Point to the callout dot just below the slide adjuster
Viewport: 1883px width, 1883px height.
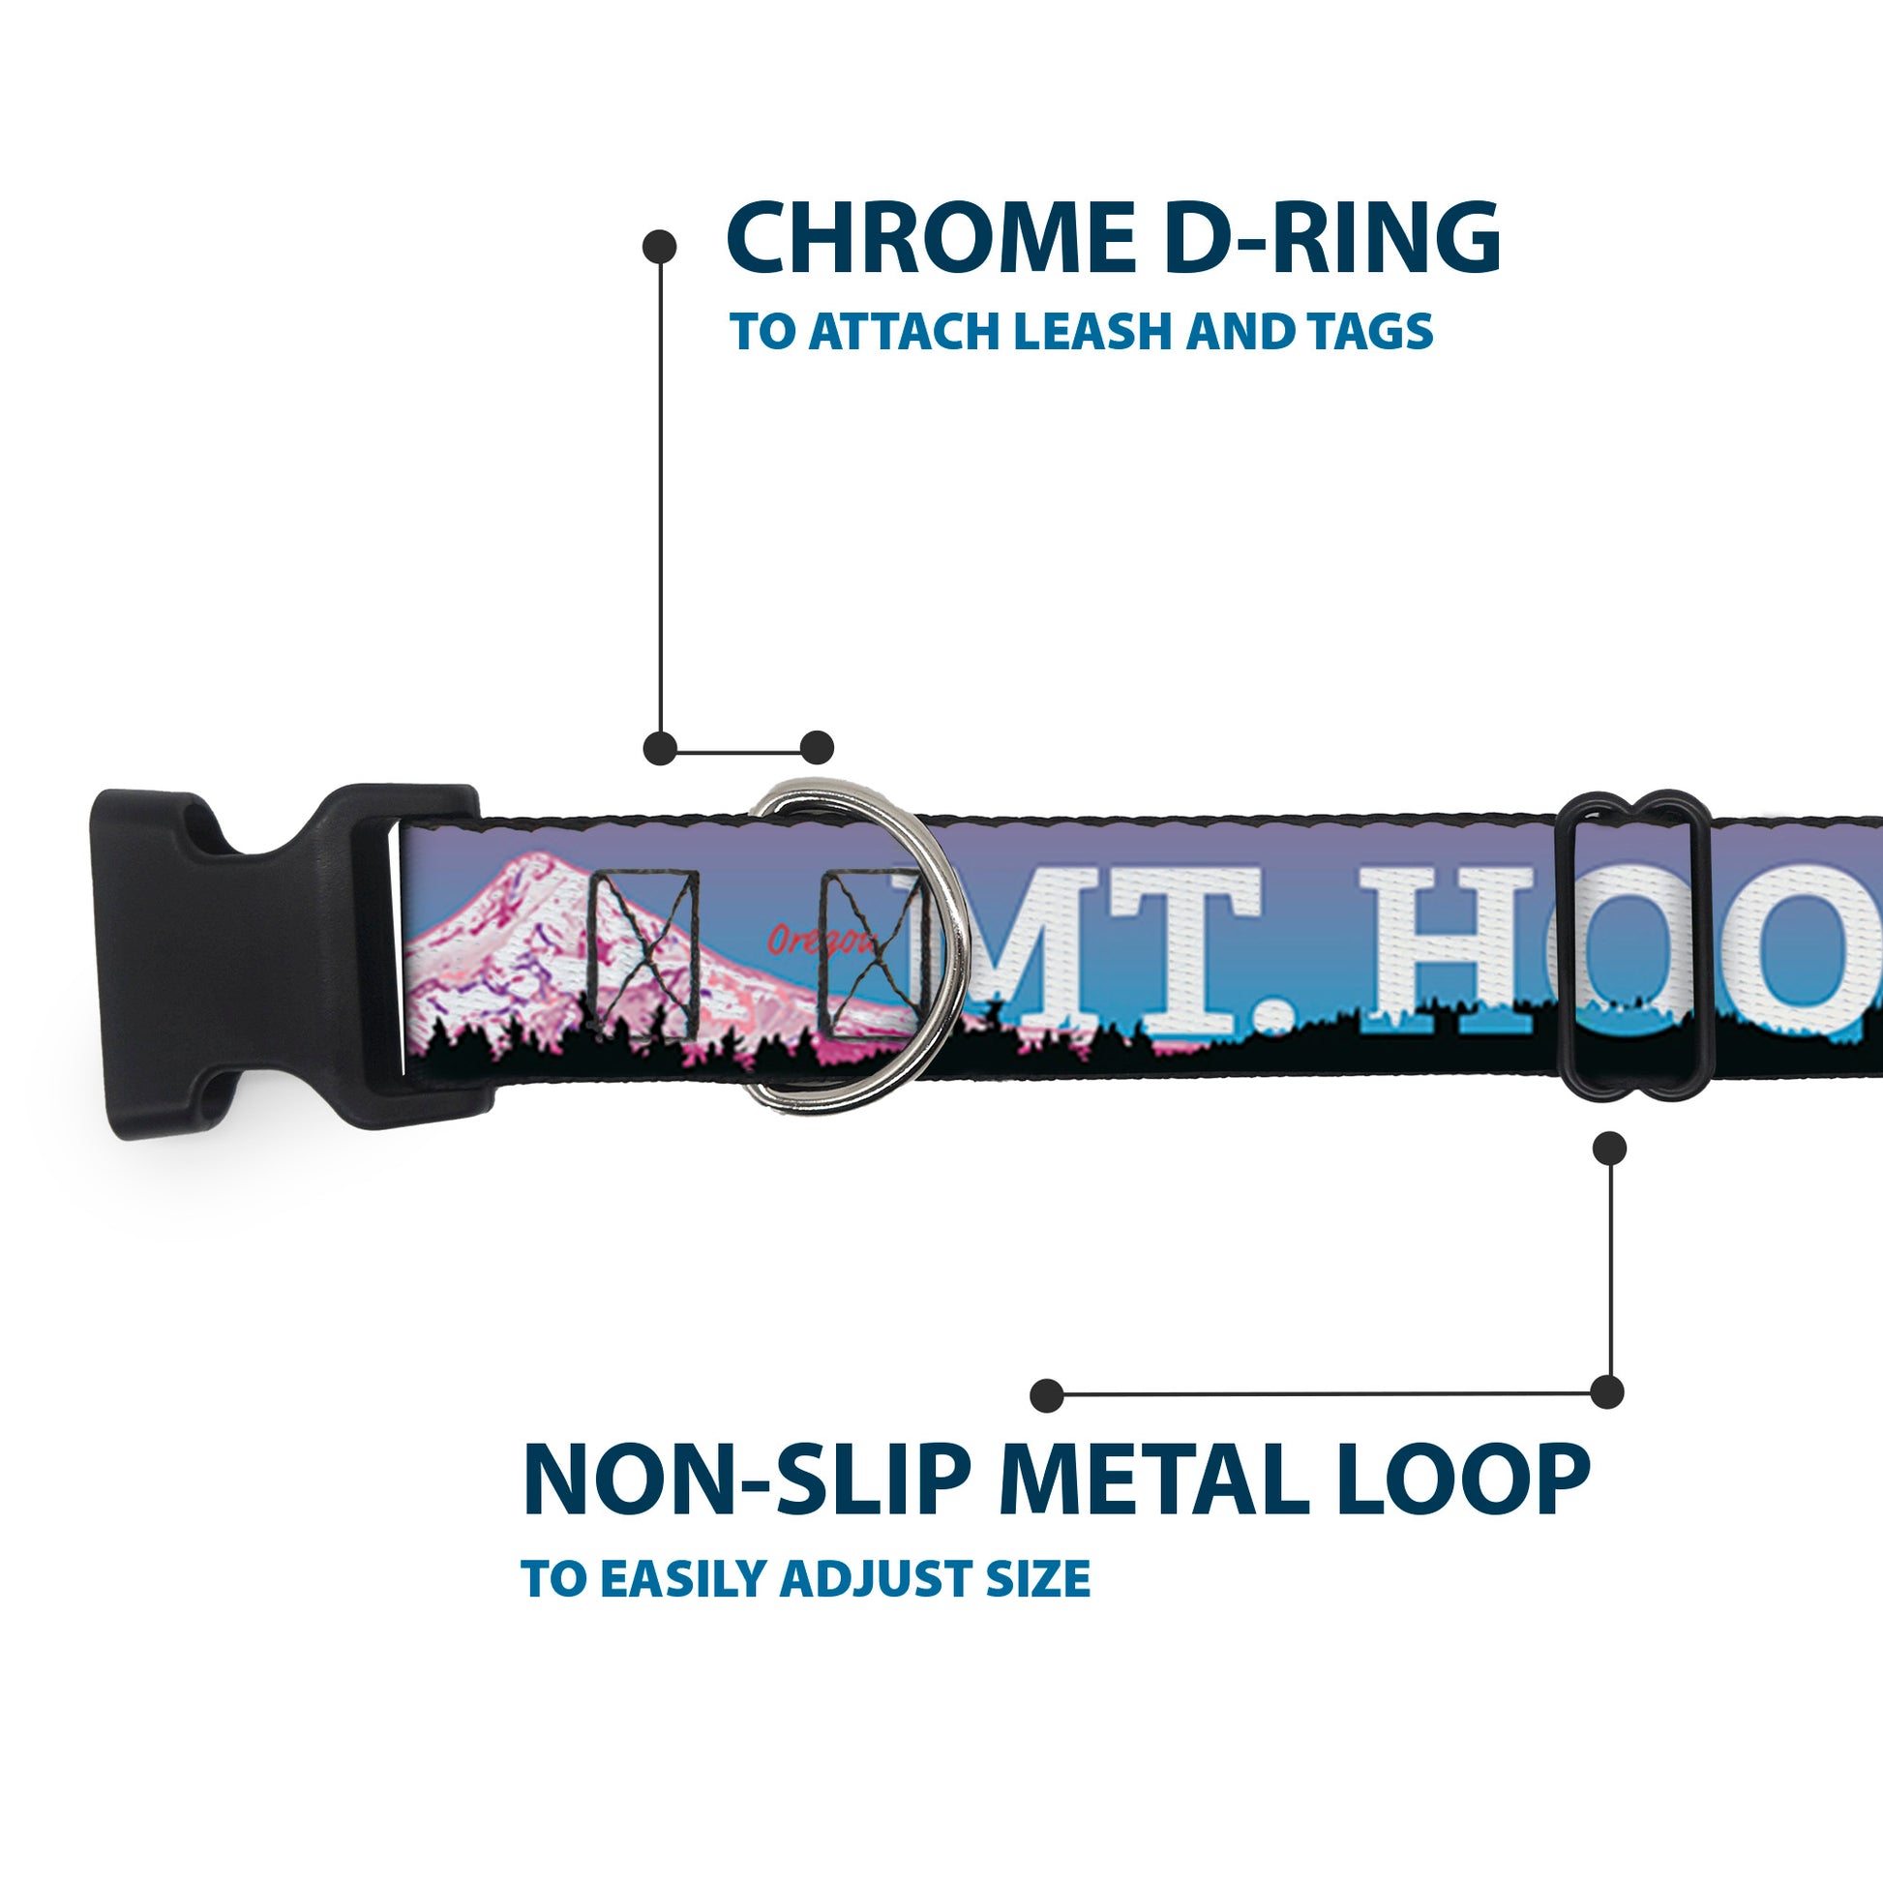coord(1609,1149)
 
